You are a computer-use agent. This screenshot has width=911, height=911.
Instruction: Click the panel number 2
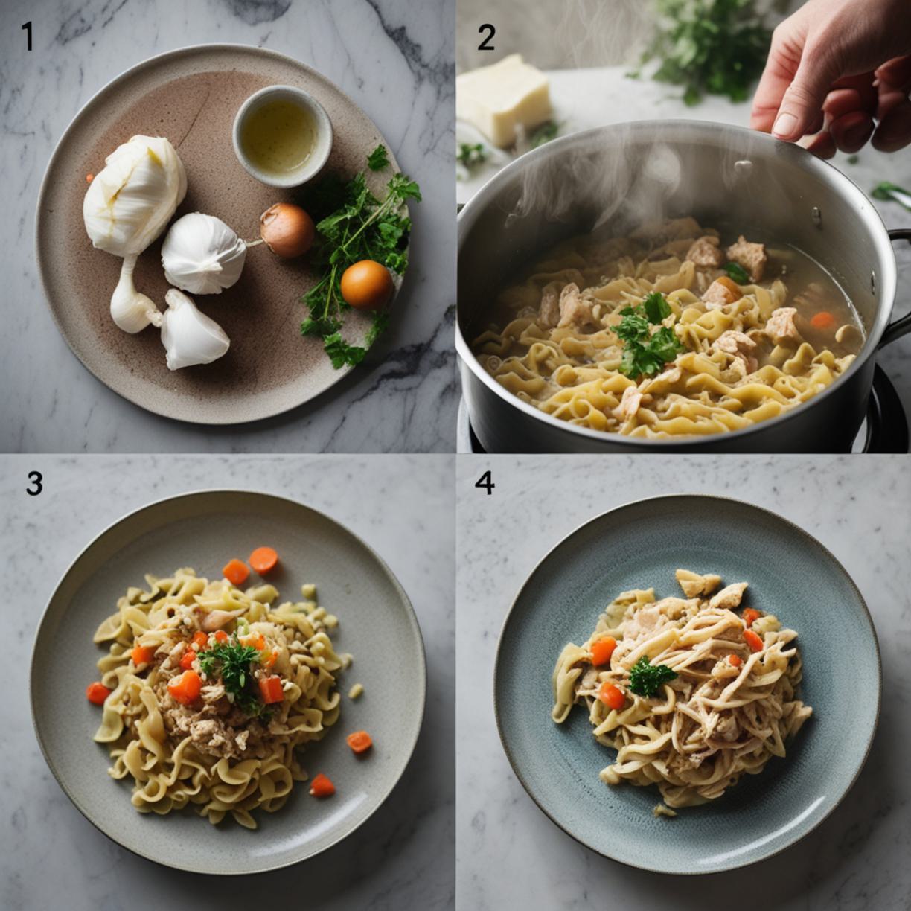(486, 38)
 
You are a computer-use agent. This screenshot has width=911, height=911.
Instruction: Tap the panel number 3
(34, 483)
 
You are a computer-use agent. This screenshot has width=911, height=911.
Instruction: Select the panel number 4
(485, 483)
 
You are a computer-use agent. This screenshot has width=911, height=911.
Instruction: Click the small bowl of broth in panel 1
(282, 135)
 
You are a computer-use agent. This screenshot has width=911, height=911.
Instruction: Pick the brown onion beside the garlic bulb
(287, 230)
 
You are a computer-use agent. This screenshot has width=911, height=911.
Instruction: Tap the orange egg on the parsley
(366, 284)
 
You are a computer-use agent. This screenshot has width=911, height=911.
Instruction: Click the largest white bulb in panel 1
(135, 195)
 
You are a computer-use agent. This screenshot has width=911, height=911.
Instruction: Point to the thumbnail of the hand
(786, 124)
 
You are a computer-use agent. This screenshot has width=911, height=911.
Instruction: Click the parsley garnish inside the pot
(646, 333)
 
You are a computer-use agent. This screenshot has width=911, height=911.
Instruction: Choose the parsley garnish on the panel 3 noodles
(230, 671)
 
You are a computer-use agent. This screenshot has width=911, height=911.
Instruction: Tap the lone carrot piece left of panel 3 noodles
(98, 693)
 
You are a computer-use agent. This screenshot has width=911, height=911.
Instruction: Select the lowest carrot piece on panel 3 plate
(322, 785)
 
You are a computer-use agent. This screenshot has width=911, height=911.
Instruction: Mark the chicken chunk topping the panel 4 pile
(698, 583)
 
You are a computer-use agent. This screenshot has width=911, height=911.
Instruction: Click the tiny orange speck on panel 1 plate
(89, 178)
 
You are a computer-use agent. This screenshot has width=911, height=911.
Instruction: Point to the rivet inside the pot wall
(816, 215)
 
